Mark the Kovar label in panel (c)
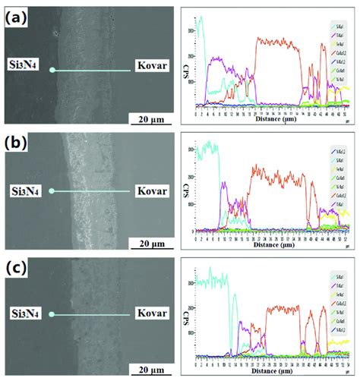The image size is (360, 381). [149, 312]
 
